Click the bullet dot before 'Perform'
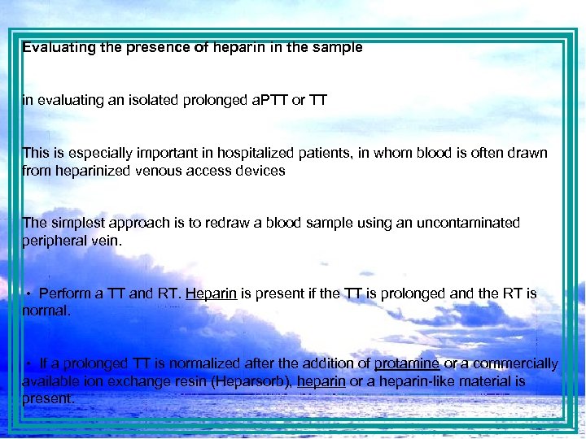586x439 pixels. pos(28,293)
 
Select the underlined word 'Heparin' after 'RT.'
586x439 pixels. pos(211,293)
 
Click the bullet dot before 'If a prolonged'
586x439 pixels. pos(28,363)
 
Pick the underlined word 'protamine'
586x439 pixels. pos(407,363)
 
